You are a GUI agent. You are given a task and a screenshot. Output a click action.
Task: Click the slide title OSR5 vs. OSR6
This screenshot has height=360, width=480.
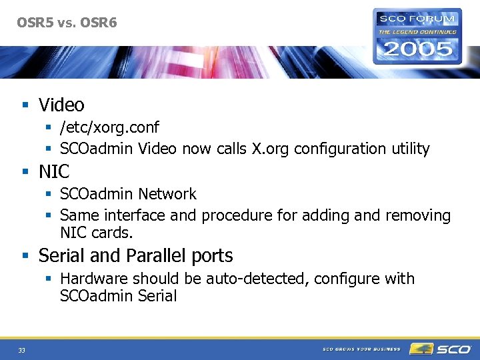(x=67, y=23)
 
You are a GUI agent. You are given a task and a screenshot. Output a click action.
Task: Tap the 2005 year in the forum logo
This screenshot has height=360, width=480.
(x=417, y=49)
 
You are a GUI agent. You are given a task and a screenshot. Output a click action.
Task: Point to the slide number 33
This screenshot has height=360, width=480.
(x=22, y=350)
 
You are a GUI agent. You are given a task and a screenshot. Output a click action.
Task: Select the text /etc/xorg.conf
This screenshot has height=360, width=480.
(x=109, y=127)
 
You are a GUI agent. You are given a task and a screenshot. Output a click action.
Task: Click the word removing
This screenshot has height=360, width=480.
(x=417, y=216)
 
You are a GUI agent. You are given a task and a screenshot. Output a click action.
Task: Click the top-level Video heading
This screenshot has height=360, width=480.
(x=61, y=105)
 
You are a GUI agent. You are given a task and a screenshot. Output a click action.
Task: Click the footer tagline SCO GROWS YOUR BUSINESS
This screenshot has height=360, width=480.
(x=361, y=349)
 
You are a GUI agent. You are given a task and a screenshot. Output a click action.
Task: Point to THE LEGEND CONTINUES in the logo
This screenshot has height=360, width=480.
(x=417, y=31)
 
